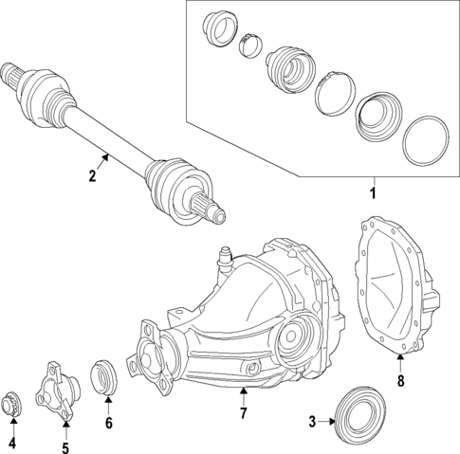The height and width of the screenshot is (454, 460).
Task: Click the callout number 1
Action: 373,194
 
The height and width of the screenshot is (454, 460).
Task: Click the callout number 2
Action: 93,175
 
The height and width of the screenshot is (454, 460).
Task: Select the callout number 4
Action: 12,443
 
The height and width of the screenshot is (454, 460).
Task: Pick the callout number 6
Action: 108,423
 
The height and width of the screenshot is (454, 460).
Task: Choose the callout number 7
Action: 244,413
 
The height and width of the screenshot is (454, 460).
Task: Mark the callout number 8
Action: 400,381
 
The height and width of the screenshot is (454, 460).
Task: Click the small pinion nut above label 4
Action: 13,403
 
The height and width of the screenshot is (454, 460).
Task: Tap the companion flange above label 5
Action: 58,389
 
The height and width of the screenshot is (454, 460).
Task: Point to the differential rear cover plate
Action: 394,289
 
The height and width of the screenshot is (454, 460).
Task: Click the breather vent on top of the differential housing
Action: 227,257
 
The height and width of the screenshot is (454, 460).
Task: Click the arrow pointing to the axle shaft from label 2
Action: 105,161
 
